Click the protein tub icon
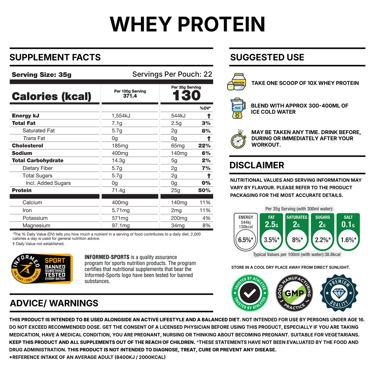click(x=237, y=82)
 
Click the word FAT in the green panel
click(x=271, y=217)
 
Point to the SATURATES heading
click(x=297, y=217)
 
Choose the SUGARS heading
click(x=322, y=217)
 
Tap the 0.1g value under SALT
click(x=348, y=224)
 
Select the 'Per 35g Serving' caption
click(x=299, y=209)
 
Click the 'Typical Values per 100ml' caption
click(x=297, y=255)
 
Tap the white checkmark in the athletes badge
click(x=250, y=293)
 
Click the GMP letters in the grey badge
click(x=294, y=293)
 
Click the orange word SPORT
click(x=55, y=260)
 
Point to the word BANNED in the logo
click(x=55, y=267)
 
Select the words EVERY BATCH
click(x=55, y=279)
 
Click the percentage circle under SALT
click(x=348, y=240)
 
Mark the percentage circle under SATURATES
click(x=297, y=240)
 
